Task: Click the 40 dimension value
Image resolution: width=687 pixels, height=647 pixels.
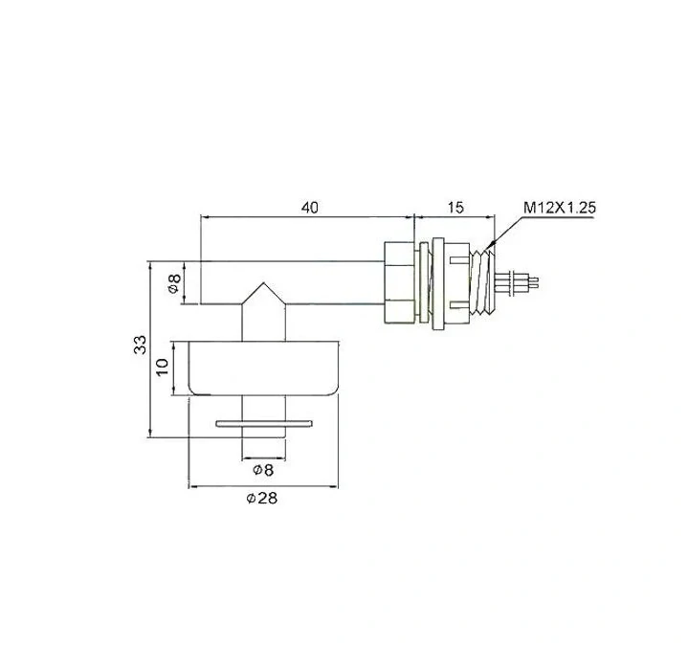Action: click(x=310, y=208)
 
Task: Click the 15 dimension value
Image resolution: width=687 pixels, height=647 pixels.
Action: click(x=455, y=208)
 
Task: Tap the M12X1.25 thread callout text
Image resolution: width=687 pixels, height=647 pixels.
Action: click(x=560, y=208)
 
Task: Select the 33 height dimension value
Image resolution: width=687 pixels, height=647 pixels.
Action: click(x=141, y=345)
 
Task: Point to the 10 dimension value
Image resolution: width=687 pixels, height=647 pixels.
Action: click(x=162, y=367)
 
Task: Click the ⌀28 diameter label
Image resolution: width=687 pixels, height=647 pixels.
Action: click(x=262, y=499)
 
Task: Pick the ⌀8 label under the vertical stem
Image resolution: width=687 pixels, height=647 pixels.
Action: click(x=263, y=470)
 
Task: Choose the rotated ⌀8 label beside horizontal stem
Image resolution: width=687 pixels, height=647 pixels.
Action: click(x=174, y=283)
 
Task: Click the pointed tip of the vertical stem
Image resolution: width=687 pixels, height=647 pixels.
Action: click(x=263, y=282)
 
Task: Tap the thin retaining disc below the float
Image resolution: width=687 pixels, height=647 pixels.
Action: click(x=264, y=423)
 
